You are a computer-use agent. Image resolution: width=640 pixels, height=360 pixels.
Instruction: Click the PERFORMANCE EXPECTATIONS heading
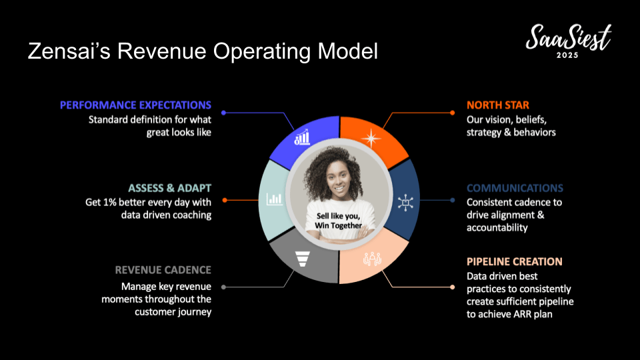coord(135,105)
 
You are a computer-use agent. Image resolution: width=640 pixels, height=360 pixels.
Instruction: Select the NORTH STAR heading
coord(498,105)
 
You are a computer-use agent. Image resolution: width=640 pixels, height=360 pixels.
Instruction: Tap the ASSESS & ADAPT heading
coord(170,188)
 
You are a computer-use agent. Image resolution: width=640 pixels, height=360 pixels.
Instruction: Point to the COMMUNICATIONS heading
coord(515,188)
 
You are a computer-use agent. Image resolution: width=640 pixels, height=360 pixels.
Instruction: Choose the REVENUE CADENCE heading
coord(163,270)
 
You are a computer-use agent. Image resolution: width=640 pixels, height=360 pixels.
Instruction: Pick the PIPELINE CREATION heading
coord(515,261)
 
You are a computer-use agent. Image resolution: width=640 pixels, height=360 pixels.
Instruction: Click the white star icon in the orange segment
coord(371,138)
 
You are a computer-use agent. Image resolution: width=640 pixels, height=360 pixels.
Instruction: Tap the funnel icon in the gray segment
coord(303,259)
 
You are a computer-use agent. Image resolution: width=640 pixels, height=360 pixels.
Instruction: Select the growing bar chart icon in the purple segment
coord(302,137)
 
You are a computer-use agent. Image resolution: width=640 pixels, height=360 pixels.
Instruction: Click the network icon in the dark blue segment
coord(405,203)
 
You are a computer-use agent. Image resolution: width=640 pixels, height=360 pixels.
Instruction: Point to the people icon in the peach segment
coord(372,259)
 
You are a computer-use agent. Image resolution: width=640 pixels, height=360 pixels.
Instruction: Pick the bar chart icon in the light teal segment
coord(274,199)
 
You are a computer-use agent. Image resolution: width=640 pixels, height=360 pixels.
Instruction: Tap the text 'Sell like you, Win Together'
coord(339,221)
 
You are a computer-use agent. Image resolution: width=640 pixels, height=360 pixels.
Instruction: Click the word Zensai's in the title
coord(69,51)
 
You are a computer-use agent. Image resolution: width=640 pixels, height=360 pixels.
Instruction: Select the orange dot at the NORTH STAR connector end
coord(452,113)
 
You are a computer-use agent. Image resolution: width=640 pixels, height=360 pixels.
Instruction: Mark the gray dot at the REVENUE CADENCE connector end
coord(224,287)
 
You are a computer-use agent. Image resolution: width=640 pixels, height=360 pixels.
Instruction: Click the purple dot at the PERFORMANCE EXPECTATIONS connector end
coord(224,113)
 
